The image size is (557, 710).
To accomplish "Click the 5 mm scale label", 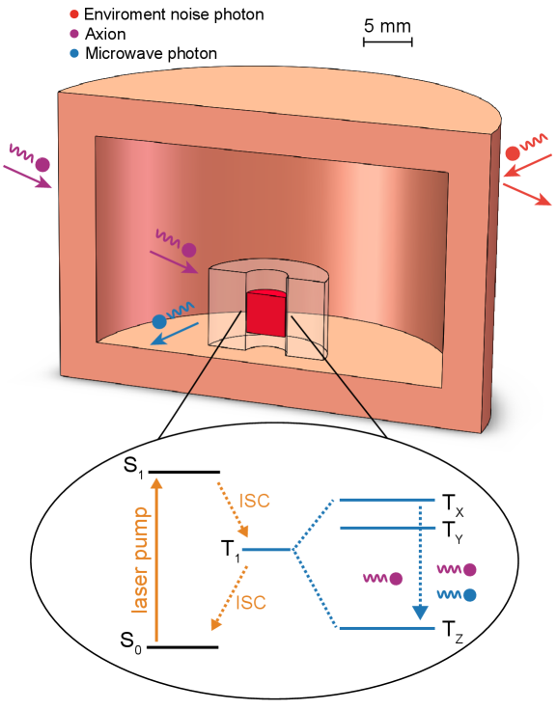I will tap(387, 26).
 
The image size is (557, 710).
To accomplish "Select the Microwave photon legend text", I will tap(151, 53).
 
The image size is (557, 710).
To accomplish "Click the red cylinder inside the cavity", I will tap(265, 312).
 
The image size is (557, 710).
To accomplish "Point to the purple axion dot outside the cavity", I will tap(42, 164).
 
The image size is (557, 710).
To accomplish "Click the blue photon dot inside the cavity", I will tap(159, 321).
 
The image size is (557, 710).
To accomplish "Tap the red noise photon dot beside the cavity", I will tap(513, 153).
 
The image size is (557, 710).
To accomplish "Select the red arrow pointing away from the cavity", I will tap(527, 194).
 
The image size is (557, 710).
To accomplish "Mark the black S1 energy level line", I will tap(184, 472).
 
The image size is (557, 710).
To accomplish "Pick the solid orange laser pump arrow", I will tap(156, 560).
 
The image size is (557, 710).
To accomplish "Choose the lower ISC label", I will tap(251, 603).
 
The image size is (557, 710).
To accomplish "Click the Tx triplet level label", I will tap(452, 502).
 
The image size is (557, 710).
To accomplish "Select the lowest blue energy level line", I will tap(386, 628).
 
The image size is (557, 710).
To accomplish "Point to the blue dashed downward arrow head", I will tap(420, 612).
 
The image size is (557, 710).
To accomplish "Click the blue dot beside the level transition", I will tap(469, 594).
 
